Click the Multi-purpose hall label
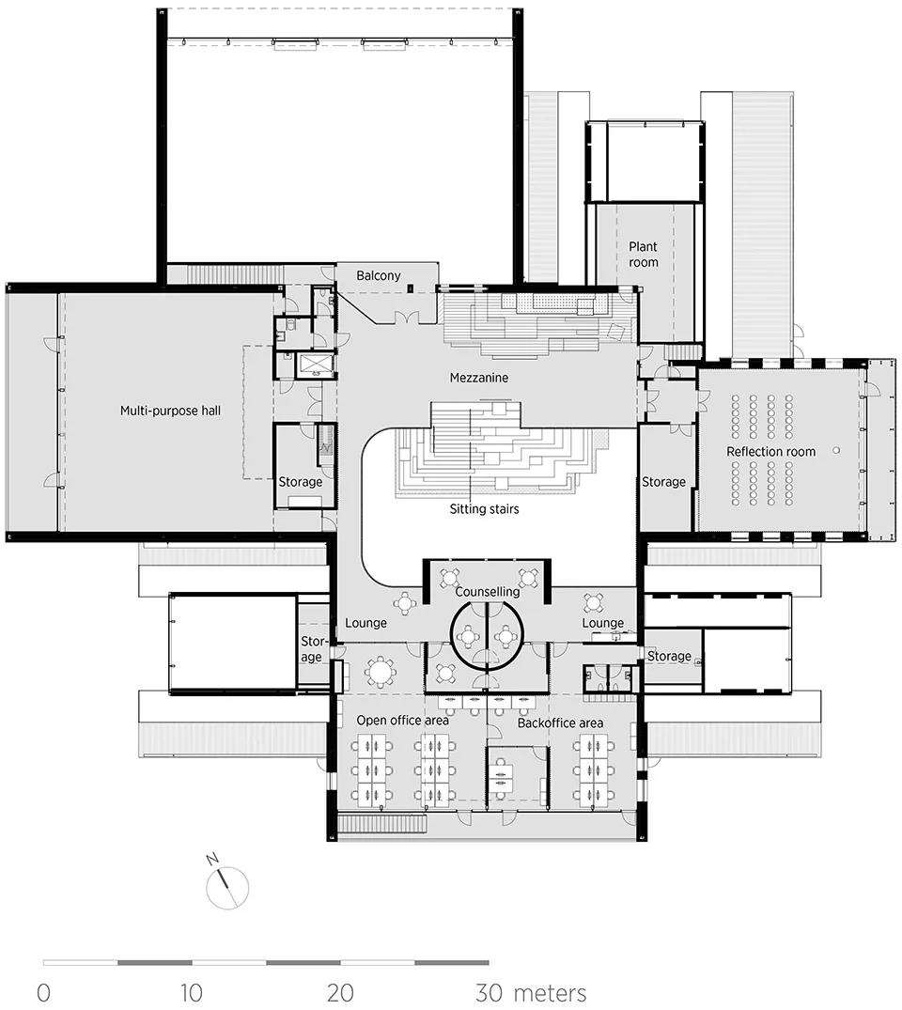coord(171,411)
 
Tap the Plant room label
coord(644,255)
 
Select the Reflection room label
coord(770,452)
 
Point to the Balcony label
coord(379,275)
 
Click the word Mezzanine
coord(478,378)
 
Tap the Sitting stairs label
coord(484,509)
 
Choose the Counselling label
coord(487,591)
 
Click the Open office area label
coord(403,721)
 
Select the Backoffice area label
coord(560,723)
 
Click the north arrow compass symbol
coord(226,886)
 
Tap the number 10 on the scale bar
coord(192,992)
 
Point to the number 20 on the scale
coord(339,992)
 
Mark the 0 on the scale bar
coord(43,992)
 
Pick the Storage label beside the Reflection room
coord(663,482)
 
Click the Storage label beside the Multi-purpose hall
coord(301,482)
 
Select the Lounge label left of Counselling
coord(365,623)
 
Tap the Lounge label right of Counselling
coord(603,623)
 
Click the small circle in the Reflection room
coord(836,450)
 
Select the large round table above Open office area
coord(381,672)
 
